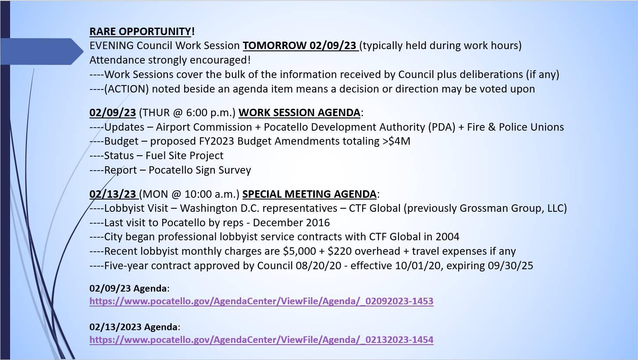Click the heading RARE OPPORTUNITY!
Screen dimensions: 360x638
click(142, 32)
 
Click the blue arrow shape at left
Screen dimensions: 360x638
click(42, 52)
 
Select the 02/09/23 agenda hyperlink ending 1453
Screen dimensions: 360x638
click(261, 301)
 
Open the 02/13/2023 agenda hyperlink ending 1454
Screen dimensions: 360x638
click(261, 340)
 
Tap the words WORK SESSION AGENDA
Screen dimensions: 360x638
click(299, 113)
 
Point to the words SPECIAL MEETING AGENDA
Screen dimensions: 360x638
click(309, 194)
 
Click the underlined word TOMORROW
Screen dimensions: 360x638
click(275, 46)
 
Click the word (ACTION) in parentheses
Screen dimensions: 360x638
click(126, 89)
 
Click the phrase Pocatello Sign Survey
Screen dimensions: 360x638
click(200, 170)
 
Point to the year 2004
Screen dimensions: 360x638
click(447, 237)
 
